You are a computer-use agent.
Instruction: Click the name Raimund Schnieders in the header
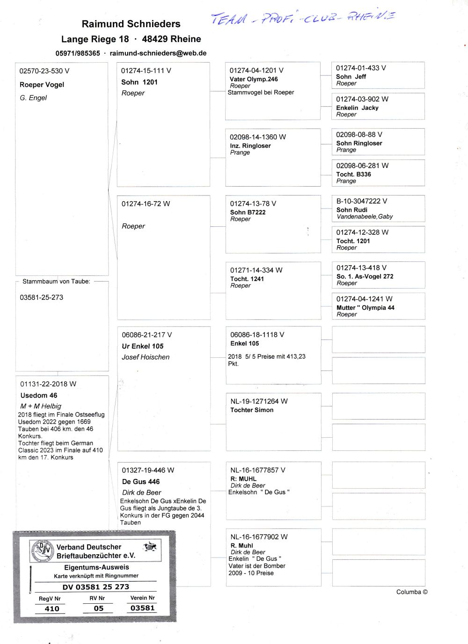(x=131, y=24)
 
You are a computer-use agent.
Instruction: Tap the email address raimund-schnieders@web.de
(x=158, y=53)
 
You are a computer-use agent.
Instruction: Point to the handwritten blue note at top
(x=302, y=18)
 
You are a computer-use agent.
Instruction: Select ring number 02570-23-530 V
(x=44, y=71)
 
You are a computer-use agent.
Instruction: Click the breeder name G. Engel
(x=33, y=98)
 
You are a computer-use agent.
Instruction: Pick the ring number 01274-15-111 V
(x=146, y=71)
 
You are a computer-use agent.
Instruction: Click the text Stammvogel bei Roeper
(x=261, y=93)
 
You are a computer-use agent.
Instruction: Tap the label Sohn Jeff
(x=351, y=77)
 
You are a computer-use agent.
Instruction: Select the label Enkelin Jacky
(x=357, y=108)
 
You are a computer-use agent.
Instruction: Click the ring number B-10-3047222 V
(x=361, y=201)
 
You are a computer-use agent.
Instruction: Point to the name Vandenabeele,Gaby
(x=365, y=217)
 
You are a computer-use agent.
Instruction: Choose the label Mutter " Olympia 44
(x=365, y=308)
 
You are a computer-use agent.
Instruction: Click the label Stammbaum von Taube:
(x=56, y=282)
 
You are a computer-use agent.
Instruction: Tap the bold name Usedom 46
(x=39, y=395)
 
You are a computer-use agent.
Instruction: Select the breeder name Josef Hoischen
(x=146, y=357)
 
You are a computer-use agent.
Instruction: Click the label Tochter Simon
(x=252, y=410)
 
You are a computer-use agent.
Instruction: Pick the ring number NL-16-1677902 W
(x=259, y=537)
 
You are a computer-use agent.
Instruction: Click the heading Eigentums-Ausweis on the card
(x=96, y=567)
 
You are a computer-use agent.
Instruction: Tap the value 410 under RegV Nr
(x=52, y=608)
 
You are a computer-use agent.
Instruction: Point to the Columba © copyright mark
(x=411, y=592)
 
